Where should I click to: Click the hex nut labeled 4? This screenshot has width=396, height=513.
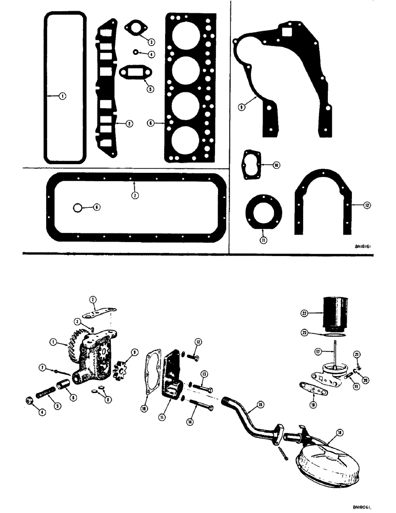[30, 400]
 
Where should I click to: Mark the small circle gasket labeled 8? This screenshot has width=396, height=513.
[77, 207]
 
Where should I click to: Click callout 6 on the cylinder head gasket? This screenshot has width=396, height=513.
[151, 123]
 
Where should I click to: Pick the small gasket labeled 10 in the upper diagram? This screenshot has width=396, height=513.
[252, 165]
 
